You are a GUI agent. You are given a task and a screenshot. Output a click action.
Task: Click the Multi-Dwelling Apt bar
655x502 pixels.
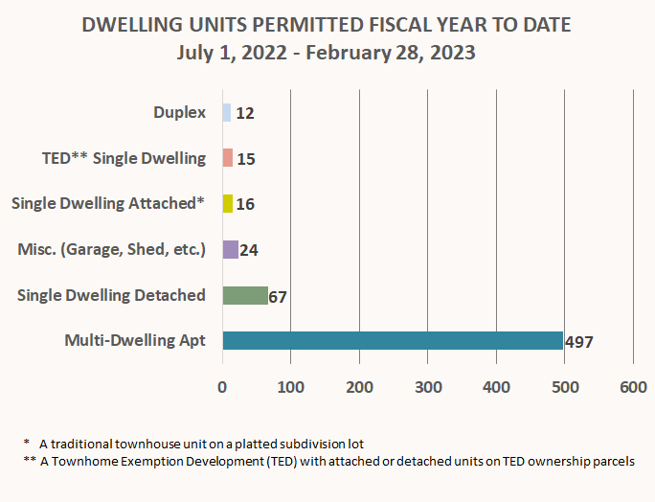point(393,340)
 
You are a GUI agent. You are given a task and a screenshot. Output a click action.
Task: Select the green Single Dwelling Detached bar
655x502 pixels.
point(245,295)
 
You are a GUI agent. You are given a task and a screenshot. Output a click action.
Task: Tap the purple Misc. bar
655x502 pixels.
point(230,249)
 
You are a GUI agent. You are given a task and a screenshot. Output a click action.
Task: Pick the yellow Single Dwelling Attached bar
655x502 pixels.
point(228,203)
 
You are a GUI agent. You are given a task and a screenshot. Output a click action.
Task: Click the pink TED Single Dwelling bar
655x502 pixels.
point(227,158)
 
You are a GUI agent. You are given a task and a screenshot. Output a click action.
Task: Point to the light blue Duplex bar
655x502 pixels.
point(226,112)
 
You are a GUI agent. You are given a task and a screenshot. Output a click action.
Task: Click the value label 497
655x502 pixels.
point(579,342)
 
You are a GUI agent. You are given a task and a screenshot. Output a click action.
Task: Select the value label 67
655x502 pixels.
point(278,296)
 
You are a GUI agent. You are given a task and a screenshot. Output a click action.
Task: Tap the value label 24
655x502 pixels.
point(249,250)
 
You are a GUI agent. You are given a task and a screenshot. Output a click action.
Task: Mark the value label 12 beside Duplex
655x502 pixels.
point(244,113)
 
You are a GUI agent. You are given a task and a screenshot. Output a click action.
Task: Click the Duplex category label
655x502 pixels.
point(179,112)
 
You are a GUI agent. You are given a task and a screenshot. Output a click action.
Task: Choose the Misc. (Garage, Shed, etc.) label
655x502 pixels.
point(111,249)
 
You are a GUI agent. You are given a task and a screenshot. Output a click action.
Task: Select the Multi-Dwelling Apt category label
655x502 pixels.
point(134,340)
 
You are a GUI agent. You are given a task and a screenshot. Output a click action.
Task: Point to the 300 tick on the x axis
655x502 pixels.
point(428,387)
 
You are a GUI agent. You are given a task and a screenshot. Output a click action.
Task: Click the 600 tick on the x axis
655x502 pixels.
point(633,387)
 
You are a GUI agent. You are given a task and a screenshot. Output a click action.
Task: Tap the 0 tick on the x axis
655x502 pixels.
point(222,387)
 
